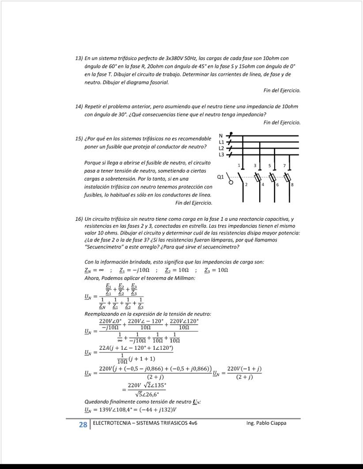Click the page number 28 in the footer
pyautogui.click(x=83, y=424)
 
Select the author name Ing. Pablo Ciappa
pyautogui.click(x=266, y=423)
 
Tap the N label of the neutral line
pyautogui.click(x=221, y=136)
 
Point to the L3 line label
pyautogui.click(x=222, y=154)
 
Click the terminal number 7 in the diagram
pyautogui.click(x=284, y=165)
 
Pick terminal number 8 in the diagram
pyautogui.click(x=292, y=184)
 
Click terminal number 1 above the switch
pyautogui.click(x=239, y=165)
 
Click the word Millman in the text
pyautogui.click(x=186, y=278)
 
